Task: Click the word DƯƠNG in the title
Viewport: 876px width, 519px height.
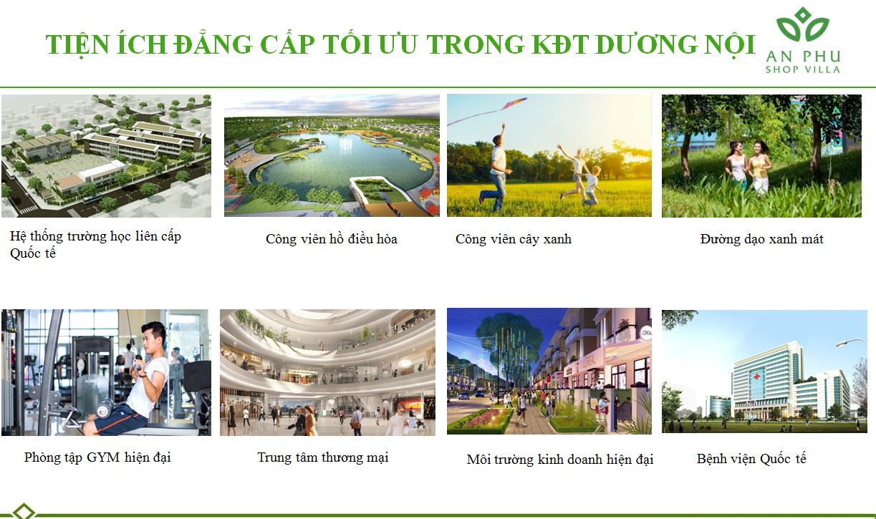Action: [x=646, y=44]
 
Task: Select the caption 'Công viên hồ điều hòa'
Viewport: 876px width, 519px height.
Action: [x=331, y=239]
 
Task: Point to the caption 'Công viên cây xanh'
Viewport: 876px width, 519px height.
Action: [x=513, y=239]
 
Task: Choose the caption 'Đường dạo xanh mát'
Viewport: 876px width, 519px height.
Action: [x=761, y=239]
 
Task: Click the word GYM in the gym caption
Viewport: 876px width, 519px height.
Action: [x=104, y=457]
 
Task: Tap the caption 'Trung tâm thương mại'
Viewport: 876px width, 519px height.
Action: [x=322, y=457]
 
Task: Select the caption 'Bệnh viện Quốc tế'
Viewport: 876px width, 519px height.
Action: [x=751, y=459]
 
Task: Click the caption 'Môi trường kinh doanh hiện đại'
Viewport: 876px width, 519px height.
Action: [x=559, y=460]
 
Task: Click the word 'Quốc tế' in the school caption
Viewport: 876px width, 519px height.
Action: [x=33, y=254]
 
